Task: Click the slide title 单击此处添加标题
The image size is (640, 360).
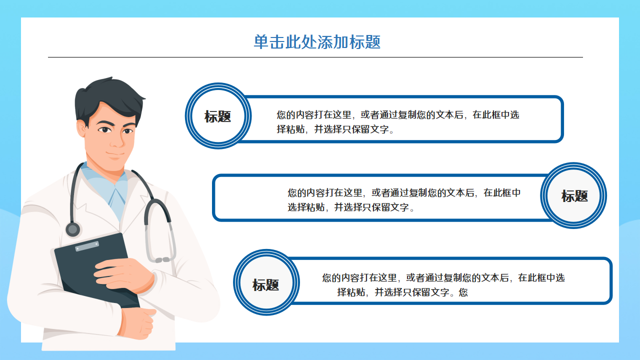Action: (x=317, y=42)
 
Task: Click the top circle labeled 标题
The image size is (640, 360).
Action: (x=218, y=116)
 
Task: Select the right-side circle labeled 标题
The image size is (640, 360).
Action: (x=574, y=196)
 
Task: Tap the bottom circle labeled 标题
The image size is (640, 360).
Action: (x=266, y=285)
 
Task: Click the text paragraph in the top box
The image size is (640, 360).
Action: (x=397, y=122)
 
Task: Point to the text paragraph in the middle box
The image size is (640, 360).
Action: (x=404, y=199)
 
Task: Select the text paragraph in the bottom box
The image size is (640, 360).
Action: (x=443, y=284)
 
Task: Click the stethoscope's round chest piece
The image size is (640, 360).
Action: (x=73, y=229)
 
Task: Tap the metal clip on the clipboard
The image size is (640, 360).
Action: (x=87, y=246)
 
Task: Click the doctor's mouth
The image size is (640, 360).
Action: (x=115, y=153)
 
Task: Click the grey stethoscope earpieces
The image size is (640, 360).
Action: (x=162, y=259)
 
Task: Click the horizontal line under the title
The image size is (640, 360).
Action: (x=315, y=57)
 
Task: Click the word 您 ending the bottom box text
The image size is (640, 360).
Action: (x=463, y=292)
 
